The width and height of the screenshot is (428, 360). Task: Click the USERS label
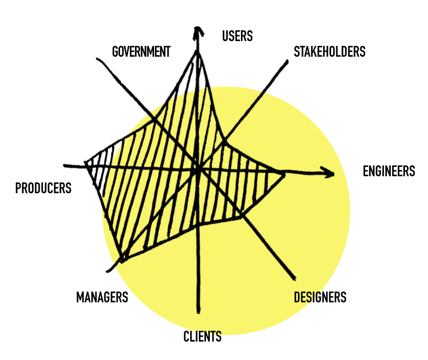point(237,36)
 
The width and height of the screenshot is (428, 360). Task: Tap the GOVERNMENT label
point(141,51)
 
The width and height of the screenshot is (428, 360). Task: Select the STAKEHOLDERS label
point(329,51)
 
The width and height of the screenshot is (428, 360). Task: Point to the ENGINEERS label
point(388,171)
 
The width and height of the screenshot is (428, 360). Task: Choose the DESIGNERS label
point(320,297)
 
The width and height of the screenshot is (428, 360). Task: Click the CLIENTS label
point(202,336)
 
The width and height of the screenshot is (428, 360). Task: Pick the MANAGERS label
point(102,297)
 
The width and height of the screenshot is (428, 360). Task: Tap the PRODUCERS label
point(43,188)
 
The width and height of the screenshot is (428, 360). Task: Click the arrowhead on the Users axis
point(198,31)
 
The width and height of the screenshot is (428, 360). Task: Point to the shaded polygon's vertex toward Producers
point(86,163)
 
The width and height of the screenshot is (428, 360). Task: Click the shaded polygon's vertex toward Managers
point(122,260)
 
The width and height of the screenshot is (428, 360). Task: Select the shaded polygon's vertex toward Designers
point(242,217)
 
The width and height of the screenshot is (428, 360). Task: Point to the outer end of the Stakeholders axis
point(287,60)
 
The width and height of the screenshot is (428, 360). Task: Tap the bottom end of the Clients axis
point(198,312)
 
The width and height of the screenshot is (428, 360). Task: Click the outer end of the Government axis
point(97,59)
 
